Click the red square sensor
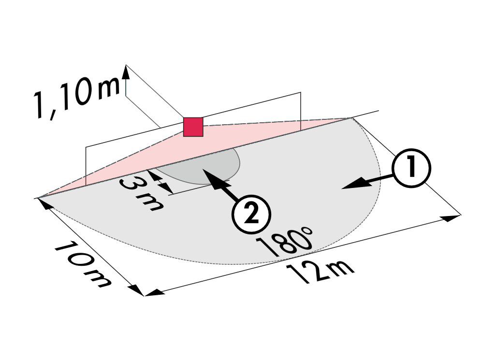pos(193,127)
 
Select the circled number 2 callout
pos(252,215)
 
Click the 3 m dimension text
pos(142,194)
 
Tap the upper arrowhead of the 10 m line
pos(44,204)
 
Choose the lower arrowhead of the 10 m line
pos(137,290)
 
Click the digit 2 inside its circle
pos(252,215)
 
